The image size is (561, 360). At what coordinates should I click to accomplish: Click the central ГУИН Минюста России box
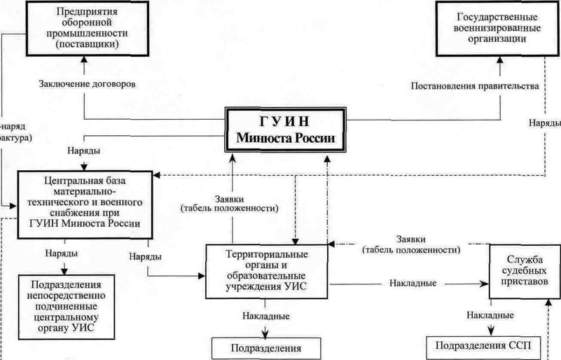click(287, 130)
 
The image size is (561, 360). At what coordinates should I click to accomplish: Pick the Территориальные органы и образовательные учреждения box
click(266, 270)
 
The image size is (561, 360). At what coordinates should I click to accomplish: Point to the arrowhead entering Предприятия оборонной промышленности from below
click(83, 63)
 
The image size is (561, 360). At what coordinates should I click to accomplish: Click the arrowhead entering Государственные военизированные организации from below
click(500, 63)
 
